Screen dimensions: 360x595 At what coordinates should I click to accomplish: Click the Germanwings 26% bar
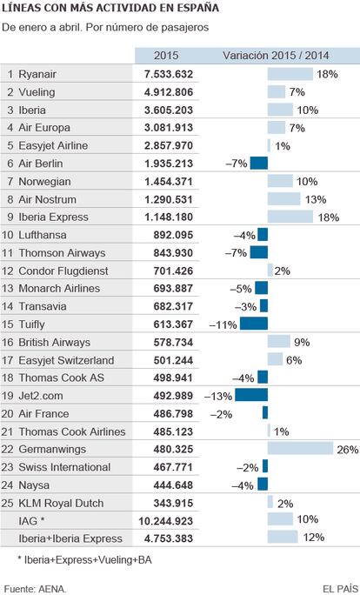point(301,449)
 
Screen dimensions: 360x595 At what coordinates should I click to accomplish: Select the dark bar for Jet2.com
point(251,395)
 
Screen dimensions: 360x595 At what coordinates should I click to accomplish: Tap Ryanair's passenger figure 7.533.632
point(169,74)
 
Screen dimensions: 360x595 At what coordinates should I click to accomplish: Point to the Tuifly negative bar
point(254,324)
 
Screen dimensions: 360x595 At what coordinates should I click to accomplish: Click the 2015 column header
point(166,56)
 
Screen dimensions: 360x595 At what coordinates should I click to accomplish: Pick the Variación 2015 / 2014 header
point(276,56)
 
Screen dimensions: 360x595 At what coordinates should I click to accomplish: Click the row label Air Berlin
point(41,164)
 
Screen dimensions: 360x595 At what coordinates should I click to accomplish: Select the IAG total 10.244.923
point(166,521)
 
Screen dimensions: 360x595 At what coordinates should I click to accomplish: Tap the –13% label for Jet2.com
point(218,396)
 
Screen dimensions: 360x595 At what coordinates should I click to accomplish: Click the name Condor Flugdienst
point(63,271)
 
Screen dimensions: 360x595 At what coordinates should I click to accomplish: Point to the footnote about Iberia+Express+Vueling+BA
point(84,559)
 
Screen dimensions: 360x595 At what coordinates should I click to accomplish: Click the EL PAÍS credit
point(340,589)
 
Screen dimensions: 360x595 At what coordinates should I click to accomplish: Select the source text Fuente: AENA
point(36,589)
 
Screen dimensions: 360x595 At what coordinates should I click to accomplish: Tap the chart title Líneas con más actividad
point(110,8)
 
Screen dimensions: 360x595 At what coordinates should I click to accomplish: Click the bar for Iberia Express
point(290,217)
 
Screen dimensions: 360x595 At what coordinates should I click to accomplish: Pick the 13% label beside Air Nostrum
point(316,199)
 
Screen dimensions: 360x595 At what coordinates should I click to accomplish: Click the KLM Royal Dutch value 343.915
point(173,503)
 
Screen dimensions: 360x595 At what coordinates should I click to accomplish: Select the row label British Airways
point(54,342)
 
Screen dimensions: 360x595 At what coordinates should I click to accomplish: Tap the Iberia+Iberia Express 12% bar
point(283,537)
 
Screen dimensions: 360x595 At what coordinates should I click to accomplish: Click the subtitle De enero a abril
point(105,28)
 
